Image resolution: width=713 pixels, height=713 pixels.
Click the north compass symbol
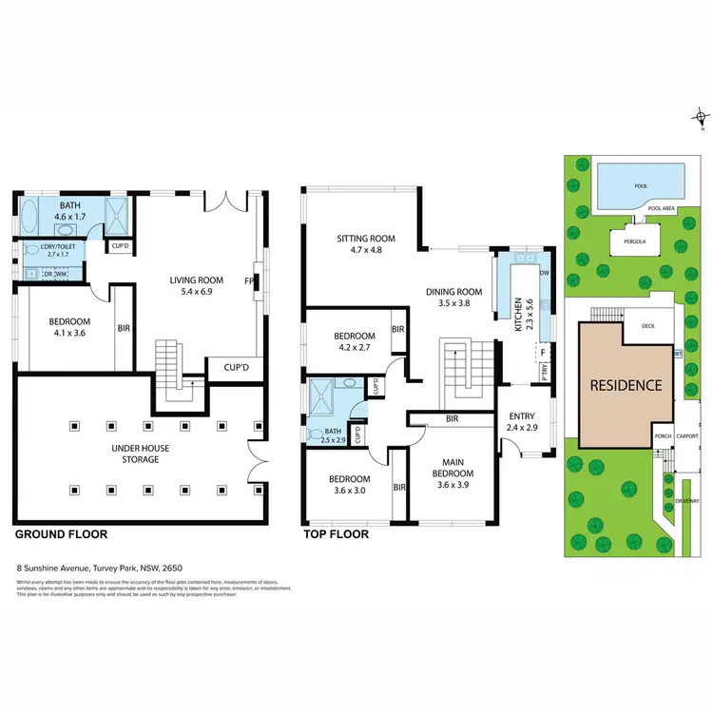tap(700, 121)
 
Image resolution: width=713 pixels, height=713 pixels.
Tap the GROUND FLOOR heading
tap(61, 534)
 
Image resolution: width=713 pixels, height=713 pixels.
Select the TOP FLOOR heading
tap(336, 534)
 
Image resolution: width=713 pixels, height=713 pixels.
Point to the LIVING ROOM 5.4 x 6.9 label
tap(196, 285)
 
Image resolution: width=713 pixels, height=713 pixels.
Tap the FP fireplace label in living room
tap(249, 281)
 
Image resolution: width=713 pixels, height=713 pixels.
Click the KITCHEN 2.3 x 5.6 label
tap(517, 315)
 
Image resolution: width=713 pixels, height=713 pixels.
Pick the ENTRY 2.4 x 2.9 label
tap(522, 422)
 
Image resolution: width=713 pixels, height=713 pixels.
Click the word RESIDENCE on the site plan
tap(626, 385)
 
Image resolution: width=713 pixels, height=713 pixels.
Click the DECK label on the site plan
tap(648, 326)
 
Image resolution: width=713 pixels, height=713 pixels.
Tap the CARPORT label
tap(686, 437)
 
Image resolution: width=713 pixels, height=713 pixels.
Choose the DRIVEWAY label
tap(688, 501)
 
